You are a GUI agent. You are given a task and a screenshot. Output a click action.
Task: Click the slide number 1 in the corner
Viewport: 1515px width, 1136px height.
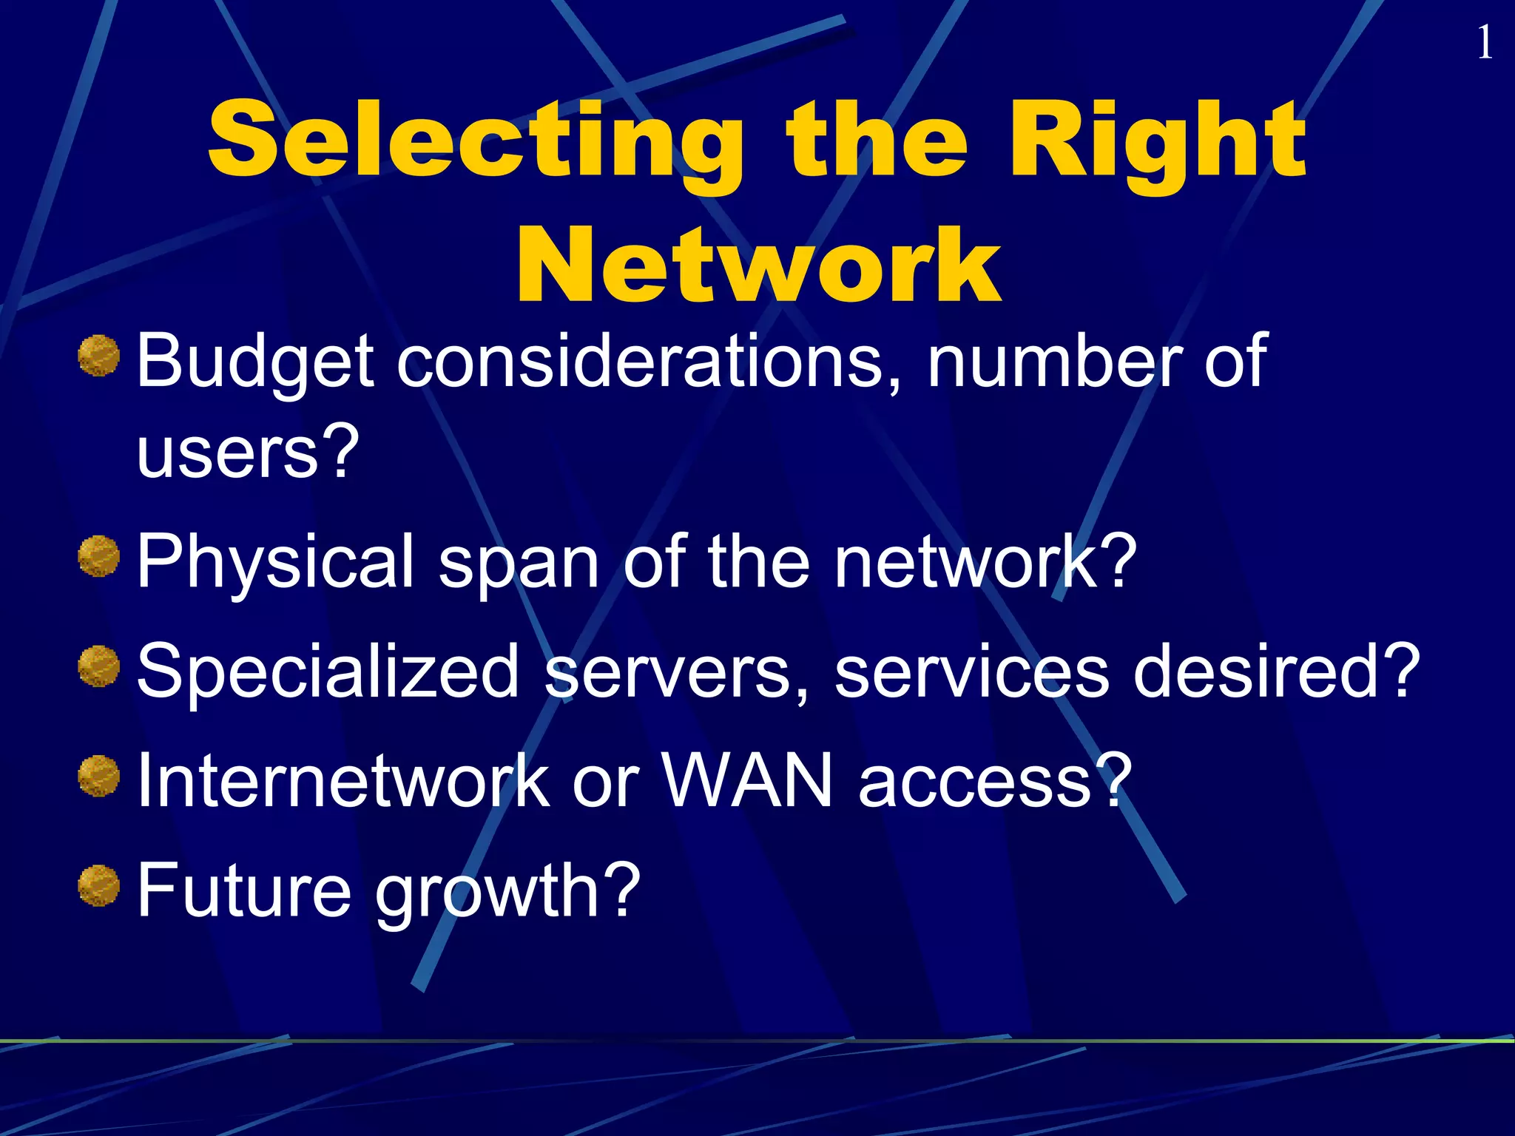pos(1484,43)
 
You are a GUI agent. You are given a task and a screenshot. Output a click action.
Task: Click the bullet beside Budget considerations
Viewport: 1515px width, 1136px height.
pos(99,356)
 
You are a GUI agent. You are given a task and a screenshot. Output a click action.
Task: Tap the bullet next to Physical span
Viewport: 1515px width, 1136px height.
pos(99,557)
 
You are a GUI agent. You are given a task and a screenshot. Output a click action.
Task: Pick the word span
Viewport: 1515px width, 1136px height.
pos(519,566)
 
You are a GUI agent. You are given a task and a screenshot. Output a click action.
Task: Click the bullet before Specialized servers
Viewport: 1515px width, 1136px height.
pos(99,666)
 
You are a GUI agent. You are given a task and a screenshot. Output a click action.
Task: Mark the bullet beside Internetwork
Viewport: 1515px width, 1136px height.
pos(99,776)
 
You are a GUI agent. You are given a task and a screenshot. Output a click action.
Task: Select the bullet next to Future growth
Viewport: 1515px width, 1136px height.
pos(99,885)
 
